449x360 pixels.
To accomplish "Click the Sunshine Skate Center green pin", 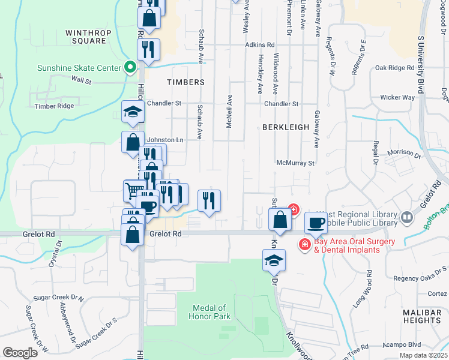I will click(129, 68).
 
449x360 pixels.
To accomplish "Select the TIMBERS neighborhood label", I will click(185, 82).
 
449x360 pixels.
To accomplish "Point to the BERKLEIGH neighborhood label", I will click(285, 127).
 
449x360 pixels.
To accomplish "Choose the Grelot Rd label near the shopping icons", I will click(165, 234).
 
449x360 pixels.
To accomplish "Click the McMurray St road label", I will click(295, 163).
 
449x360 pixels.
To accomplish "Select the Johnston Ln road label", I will click(164, 140).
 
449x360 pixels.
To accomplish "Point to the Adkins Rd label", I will click(259, 45).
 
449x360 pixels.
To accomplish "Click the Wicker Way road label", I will click(397, 97).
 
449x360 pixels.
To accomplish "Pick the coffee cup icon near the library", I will click(316, 223).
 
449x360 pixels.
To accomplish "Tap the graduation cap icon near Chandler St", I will click(133, 112).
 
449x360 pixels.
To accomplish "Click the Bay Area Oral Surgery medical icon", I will click(304, 245).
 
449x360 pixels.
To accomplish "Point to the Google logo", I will click(20, 353).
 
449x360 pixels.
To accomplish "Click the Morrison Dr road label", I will click(403, 153).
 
